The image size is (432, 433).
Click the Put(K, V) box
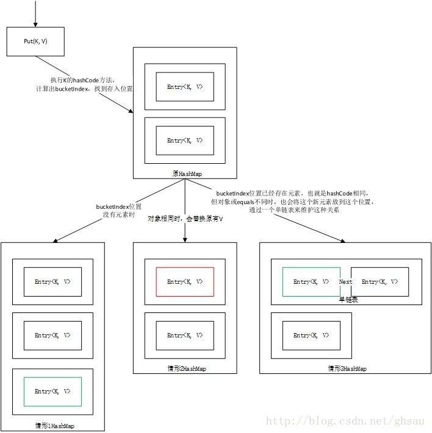35,41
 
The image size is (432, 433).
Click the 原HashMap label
185,174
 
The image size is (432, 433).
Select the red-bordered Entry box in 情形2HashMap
185,281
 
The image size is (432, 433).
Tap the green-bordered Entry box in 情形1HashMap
52,391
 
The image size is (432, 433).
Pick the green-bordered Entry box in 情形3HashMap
311,281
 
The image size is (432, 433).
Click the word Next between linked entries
345,282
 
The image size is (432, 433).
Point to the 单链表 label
348,299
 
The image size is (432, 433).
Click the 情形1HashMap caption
54,426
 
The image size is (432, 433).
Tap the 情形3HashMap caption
347,368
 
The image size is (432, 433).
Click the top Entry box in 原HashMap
185,87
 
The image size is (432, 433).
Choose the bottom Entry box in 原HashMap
185,141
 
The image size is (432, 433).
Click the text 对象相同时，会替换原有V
185,219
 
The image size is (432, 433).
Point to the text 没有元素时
118,215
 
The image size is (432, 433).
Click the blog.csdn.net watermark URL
348,421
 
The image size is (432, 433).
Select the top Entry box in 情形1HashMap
52,281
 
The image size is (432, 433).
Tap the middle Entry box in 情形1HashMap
52,336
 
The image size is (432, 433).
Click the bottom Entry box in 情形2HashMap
185,336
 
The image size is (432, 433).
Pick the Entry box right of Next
380,281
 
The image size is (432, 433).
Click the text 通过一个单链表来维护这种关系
295,210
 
